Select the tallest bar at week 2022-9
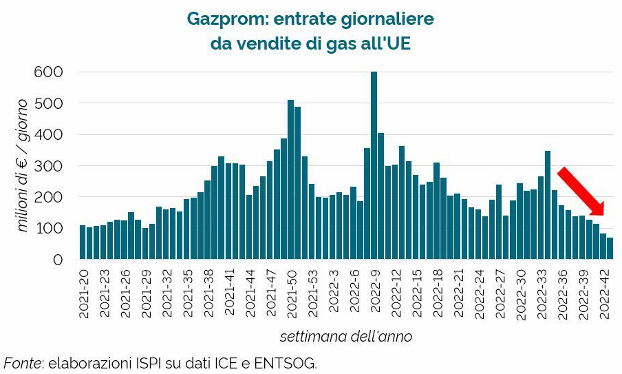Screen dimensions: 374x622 pyautogui.click(x=374, y=165)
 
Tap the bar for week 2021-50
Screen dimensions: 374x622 pyautogui.click(x=290, y=180)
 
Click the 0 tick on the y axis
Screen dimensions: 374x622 pyautogui.click(x=58, y=260)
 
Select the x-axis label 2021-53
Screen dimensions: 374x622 pyautogui.click(x=312, y=293)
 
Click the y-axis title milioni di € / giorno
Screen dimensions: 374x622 pyautogui.click(x=23, y=165)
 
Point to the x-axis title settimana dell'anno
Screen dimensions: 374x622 pyautogui.click(x=345, y=337)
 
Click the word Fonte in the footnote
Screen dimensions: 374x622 pyautogui.click(x=21, y=362)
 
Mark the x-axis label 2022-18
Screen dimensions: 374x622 pyautogui.click(x=437, y=293)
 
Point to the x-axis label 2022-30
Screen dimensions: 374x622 pyautogui.click(x=520, y=293)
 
